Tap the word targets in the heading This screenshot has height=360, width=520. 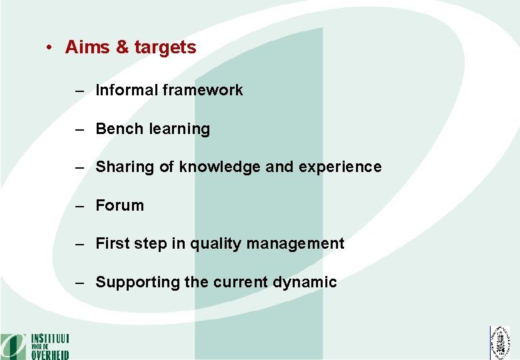165,48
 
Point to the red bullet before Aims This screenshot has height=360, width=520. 49,48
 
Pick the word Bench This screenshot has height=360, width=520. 117,129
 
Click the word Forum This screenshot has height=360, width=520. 119,205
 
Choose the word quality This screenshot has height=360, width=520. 215,244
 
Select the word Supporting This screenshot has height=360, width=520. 137,283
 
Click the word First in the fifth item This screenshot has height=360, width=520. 112,244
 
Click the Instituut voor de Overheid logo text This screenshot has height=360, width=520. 49,346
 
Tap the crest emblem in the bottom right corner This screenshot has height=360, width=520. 500,343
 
